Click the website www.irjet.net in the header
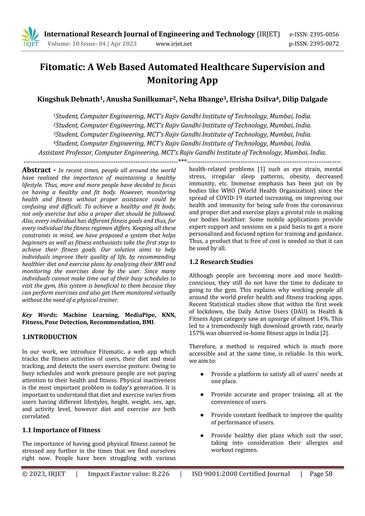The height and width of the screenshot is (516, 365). [x=174, y=44]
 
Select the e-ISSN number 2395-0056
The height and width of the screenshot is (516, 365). [x=324, y=35]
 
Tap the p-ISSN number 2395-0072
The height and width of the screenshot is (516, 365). [x=324, y=44]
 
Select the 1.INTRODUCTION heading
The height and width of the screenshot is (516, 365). [x=49, y=337]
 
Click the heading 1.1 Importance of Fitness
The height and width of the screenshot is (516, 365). [x=61, y=430]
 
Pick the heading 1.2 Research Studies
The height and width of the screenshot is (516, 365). [x=221, y=262]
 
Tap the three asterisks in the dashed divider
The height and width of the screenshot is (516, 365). [x=182, y=160]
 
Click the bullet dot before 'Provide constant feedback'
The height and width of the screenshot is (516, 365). [x=202, y=415]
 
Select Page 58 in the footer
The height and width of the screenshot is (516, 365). [x=321, y=474]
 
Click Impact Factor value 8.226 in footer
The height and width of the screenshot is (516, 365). [x=128, y=474]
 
